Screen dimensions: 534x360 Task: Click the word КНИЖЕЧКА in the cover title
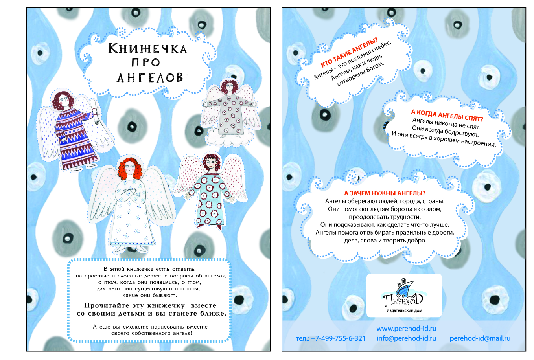148,48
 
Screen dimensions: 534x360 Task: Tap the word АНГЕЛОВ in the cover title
150,77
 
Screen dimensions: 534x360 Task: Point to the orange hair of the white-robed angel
130,168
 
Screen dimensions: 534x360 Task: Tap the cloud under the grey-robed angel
230,137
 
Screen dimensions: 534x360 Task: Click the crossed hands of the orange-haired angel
129,190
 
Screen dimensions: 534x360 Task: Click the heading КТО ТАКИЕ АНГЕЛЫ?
349,53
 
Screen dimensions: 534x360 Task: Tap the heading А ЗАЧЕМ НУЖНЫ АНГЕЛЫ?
385,193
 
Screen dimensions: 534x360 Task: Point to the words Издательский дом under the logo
404,310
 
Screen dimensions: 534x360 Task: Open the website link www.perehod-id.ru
407,329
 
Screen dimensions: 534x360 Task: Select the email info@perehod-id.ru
407,338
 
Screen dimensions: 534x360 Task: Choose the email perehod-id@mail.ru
480,338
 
